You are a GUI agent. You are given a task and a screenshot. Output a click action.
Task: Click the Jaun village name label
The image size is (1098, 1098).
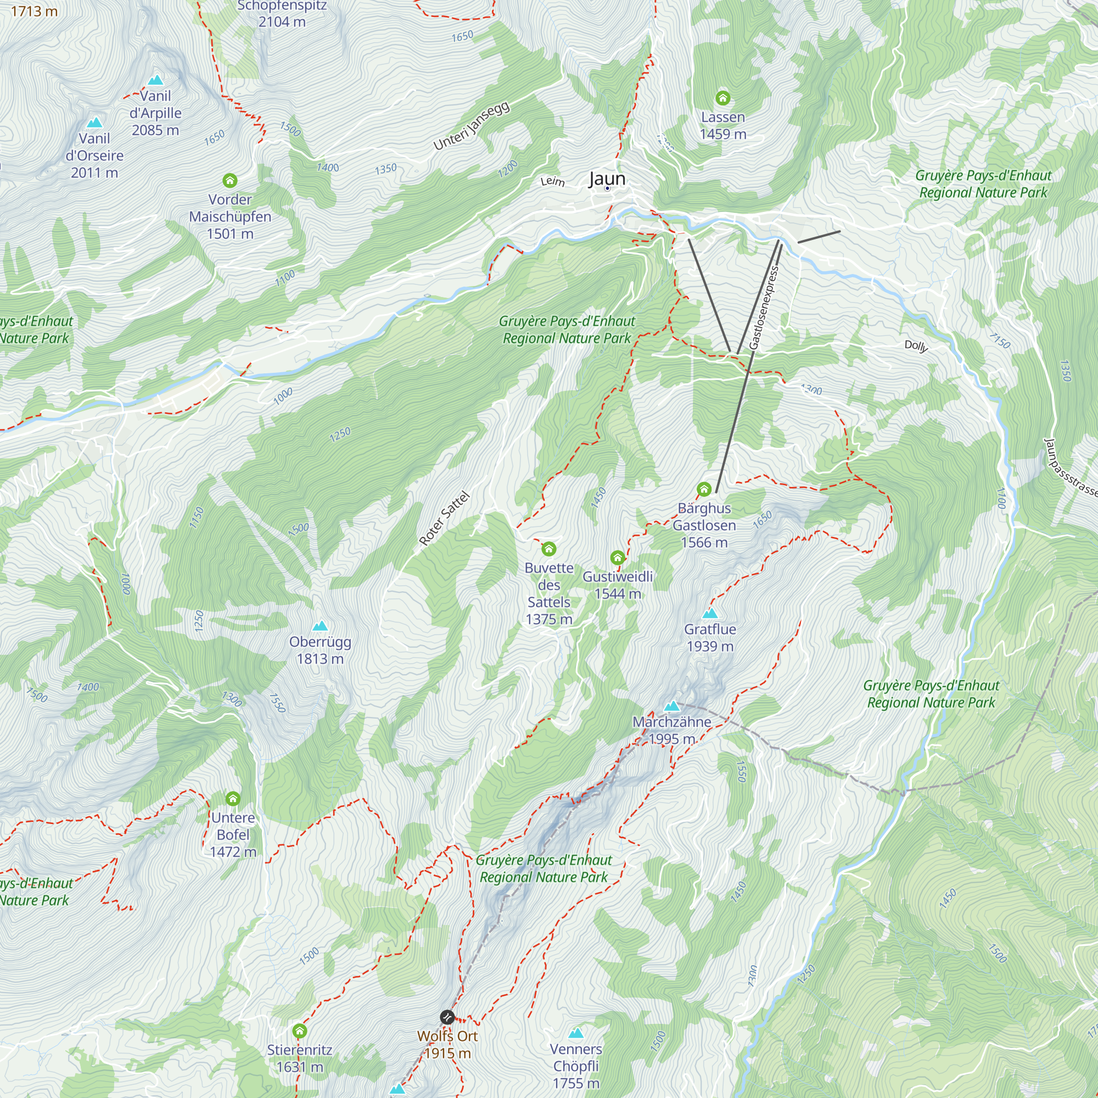click(x=607, y=178)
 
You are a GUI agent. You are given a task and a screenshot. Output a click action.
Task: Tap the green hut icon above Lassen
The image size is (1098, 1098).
click(x=722, y=98)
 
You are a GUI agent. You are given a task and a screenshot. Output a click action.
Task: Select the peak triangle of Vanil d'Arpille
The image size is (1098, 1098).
click(x=155, y=80)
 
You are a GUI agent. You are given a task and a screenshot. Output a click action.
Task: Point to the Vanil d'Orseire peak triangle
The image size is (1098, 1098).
click(x=94, y=123)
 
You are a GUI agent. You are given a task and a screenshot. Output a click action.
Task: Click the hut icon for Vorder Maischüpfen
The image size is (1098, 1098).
click(x=229, y=181)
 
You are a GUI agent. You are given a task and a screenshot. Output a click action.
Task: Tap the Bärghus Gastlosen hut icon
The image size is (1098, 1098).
click(x=704, y=489)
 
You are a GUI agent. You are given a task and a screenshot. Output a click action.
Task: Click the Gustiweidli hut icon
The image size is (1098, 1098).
click(x=617, y=557)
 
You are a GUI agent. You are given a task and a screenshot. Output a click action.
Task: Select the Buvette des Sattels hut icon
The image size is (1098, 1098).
click(x=548, y=548)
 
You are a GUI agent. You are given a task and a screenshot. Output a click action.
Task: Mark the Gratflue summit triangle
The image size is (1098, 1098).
click(x=710, y=613)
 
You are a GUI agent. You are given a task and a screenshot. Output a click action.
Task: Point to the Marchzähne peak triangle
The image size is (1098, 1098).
click(x=672, y=707)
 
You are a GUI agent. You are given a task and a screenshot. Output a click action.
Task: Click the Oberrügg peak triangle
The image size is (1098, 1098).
click(x=320, y=626)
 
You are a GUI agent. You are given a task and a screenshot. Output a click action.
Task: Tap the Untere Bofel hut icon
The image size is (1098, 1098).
click(x=232, y=798)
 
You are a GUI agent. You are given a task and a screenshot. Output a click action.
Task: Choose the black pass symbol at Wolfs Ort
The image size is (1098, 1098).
click(x=447, y=1017)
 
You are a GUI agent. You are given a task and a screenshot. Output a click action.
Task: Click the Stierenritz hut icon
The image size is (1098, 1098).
click(x=300, y=1030)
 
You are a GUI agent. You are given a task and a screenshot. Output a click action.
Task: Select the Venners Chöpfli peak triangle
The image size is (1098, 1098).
click(x=576, y=1033)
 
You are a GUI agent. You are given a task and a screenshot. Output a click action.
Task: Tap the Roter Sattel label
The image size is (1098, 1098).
click(x=445, y=518)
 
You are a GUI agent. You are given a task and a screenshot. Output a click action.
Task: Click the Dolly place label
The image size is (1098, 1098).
click(x=916, y=345)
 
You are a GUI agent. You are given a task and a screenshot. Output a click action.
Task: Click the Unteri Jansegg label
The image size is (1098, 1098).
click(x=471, y=126)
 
